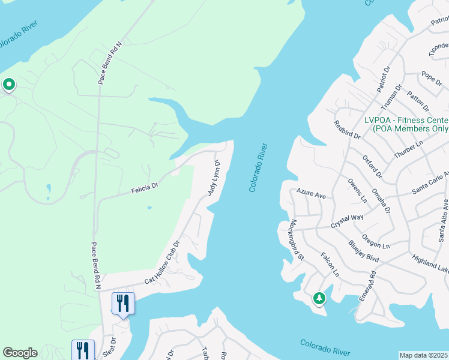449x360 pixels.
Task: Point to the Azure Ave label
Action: click(x=311, y=194)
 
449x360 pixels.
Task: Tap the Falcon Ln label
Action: click(x=330, y=264)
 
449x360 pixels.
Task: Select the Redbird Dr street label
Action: click(x=348, y=129)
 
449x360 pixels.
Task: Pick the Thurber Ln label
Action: click(x=409, y=146)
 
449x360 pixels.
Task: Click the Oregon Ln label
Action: click(x=376, y=241)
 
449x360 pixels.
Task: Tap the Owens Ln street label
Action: click(x=357, y=190)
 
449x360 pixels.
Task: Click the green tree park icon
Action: click(x=319, y=298)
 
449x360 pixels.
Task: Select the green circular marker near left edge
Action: click(x=8, y=85)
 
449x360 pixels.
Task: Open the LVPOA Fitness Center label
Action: click(x=406, y=124)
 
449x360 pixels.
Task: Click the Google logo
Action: click(x=20, y=353)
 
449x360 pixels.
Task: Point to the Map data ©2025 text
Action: click(x=424, y=355)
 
